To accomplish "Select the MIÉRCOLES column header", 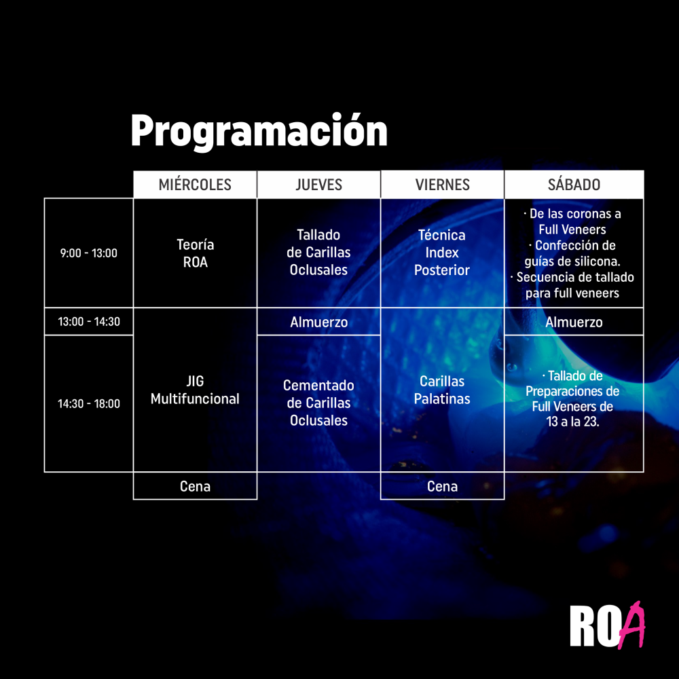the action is [195, 185].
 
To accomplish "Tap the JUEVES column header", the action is [318, 185].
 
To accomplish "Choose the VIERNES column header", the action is [442, 185].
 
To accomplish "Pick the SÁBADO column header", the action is [574, 185].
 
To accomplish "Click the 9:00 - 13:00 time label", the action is [89, 253].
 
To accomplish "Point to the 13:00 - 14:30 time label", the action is [89, 321].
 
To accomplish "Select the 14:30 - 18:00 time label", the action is [89, 403].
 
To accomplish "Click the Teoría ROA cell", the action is [195, 253].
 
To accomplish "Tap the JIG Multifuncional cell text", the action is [195, 390].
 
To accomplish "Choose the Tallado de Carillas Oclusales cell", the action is [318, 253].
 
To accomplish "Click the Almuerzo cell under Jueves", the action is [318, 322].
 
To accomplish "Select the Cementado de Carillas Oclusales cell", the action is [318, 403].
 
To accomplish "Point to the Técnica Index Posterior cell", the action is [442, 253].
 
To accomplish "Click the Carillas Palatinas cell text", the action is [442, 390].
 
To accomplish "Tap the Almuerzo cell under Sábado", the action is [574, 322].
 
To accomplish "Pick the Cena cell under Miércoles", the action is [195, 486].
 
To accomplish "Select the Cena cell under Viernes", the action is [442, 486].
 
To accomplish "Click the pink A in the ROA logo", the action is [632, 625].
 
